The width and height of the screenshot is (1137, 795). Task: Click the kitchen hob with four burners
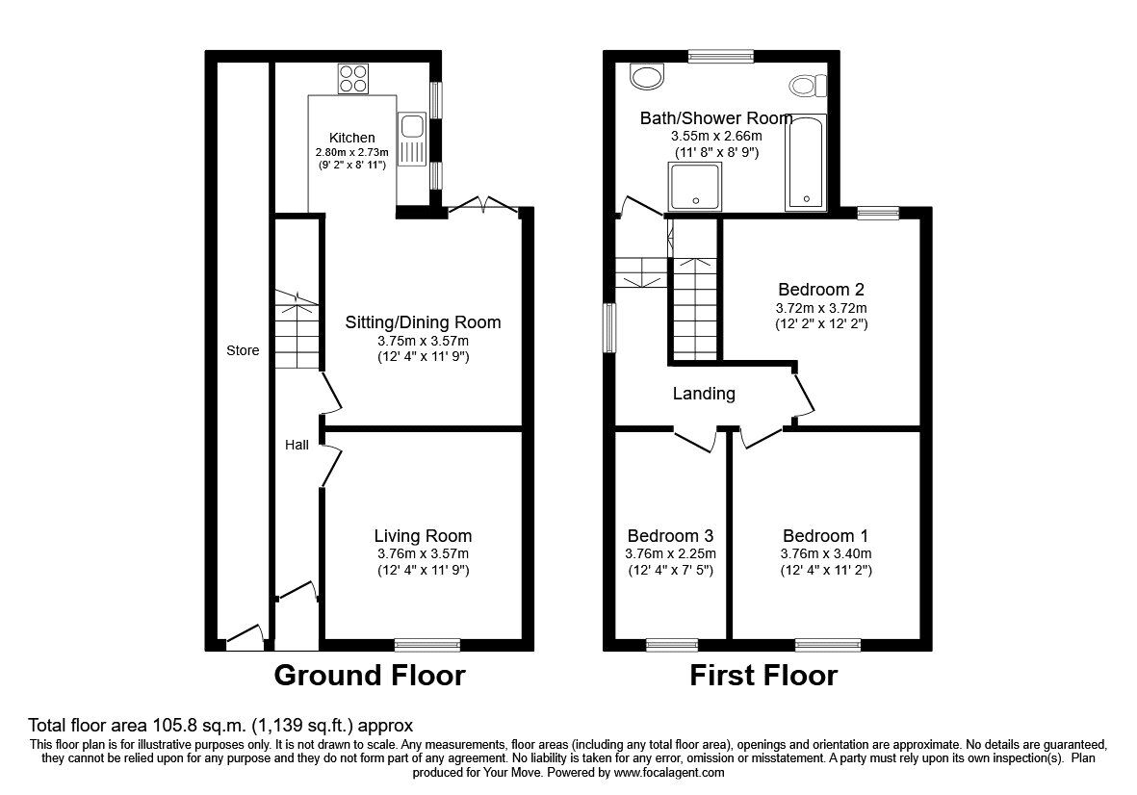(353, 78)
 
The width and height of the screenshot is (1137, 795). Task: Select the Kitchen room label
(352, 138)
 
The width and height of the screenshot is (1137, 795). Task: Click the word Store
(243, 350)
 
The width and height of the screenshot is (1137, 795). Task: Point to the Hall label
(297, 445)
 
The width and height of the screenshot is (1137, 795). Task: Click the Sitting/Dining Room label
(423, 322)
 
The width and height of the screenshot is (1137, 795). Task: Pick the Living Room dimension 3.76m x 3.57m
(424, 553)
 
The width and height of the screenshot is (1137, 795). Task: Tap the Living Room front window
(427, 644)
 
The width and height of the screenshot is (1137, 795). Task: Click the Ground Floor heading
(370, 676)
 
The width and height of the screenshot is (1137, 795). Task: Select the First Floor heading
(763, 676)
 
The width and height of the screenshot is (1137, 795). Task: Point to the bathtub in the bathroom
(806, 163)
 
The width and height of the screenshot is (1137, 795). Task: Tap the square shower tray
(695, 187)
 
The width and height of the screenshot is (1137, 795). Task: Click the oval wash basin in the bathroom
(646, 76)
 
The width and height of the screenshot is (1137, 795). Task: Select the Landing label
(704, 394)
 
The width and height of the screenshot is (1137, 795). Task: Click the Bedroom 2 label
(821, 289)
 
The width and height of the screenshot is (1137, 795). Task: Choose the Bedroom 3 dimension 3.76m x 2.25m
(671, 553)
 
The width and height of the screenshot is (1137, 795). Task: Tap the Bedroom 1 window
(828, 644)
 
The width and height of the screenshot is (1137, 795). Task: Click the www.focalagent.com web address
(668, 773)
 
